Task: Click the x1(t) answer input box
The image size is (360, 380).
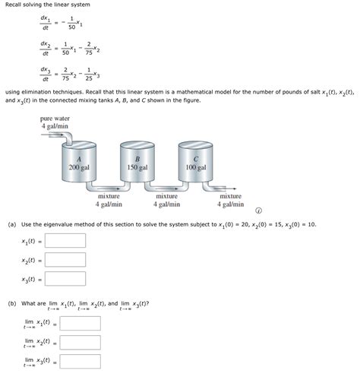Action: (x=65, y=242)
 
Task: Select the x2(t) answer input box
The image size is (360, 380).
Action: (x=65, y=261)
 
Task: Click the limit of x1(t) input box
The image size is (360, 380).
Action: (x=80, y=323)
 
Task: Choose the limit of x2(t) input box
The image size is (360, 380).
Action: (x=80, y=342)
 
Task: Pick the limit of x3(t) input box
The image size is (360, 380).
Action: (x=80, y=362)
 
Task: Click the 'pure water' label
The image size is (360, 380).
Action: (x=56, y=119)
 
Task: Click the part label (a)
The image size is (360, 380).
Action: (x=12, y=225)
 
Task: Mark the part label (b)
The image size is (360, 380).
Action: (x=12, y=303)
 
